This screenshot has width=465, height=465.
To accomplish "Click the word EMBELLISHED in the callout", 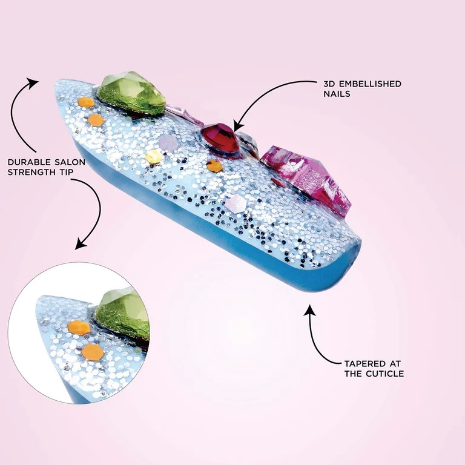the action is click(x=368, y=84).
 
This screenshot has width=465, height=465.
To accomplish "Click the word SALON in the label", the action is click(x=70, y=162).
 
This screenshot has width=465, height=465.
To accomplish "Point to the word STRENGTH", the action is click(x=31, y=173).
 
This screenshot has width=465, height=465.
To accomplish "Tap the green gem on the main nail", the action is click(x=131, y=92).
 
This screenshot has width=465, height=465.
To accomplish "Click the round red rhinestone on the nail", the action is click(x=220, y=139).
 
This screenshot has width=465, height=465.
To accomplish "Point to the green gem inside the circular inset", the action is click(x=122, y=311).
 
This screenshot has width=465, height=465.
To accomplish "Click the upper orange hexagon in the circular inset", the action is click(x=79, y=328).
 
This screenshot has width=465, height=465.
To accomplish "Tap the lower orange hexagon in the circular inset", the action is click(x=93, y=352).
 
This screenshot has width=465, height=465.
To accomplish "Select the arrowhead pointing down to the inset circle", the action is click(x=81, y=244).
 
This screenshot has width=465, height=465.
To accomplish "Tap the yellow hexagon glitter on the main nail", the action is click(x=153, y=156).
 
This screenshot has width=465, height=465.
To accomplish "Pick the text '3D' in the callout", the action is click(x=328, y=84).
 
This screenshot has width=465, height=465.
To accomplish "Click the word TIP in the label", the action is click(x=65, y=173).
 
